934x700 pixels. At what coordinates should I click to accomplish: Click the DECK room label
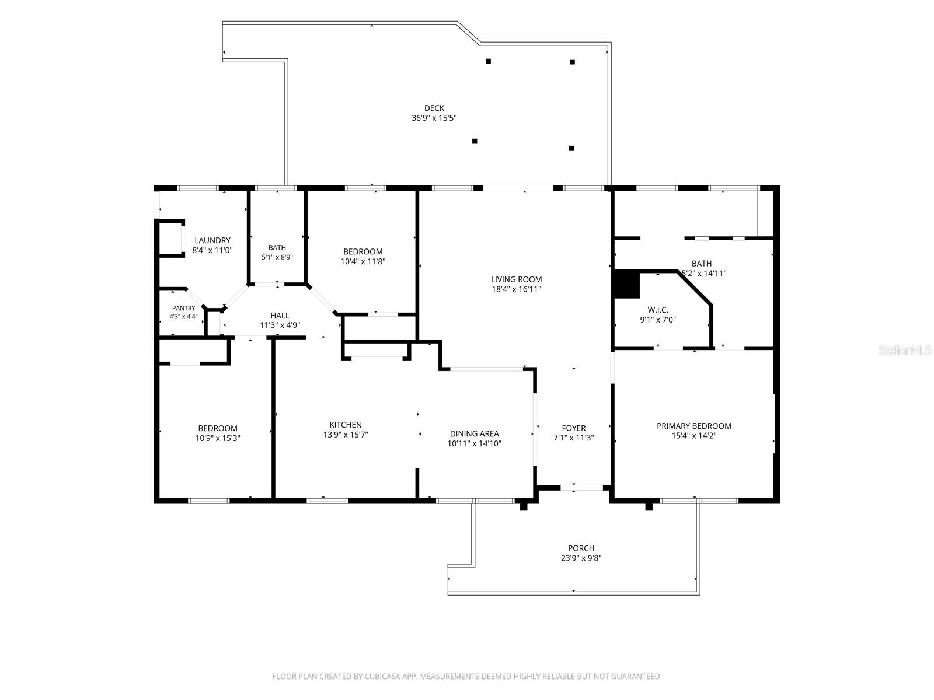click(x=434, y=108)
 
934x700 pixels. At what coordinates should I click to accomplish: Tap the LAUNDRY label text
click(x=212, y=240)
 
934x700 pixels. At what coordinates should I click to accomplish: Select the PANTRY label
click(x=183, y=308)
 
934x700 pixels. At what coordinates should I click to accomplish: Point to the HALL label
click(x=280, y=316)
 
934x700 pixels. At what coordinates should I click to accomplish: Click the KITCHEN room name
click(x=346, y=425)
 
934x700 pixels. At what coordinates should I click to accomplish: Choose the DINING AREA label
click(x=475, y=433)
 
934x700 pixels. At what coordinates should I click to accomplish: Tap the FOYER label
click(x=574, y=428)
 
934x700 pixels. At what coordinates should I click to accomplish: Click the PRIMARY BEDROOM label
click(x=694, y=426)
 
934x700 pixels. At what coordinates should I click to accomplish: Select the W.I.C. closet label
click(x=658, y=310)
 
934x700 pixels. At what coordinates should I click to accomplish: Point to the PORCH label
click(x=581, y=548)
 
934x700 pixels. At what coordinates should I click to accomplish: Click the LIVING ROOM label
click(x=516, y=279)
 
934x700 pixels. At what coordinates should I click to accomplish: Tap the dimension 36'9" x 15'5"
click(x=434, y=118)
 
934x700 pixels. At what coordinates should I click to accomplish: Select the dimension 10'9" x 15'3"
click(x=218, y=438)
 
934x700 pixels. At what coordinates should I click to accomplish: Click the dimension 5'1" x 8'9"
click(x=277, y=257)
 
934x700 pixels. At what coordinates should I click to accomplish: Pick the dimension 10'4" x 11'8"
click(x=363, y=261)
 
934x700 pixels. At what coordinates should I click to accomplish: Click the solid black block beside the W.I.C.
click(x=626, y=284)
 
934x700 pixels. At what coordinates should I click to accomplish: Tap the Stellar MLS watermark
click(x=905, y=350)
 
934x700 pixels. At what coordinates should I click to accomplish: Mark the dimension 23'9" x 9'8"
click(x=581, y=558)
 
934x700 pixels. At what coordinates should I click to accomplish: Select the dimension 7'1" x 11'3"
click(x=574, y=437)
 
